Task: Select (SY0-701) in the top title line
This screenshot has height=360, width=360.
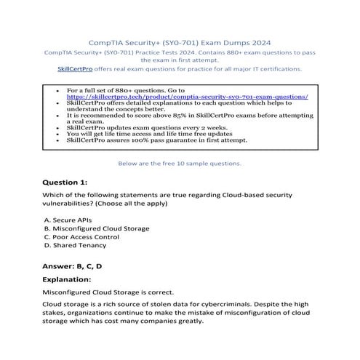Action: [x=177, y=42]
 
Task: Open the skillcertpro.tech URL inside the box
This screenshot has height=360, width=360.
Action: [x=188, y=96]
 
